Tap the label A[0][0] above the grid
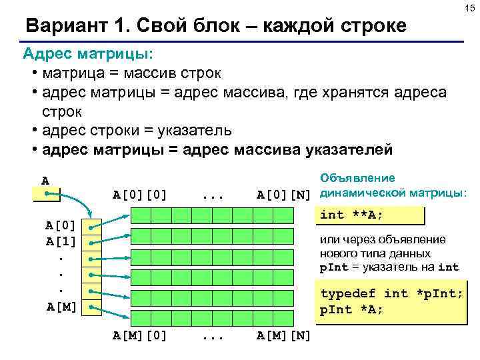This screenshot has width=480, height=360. click(x=139, y=195)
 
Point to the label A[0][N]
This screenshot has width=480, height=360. click(x=284, y=195)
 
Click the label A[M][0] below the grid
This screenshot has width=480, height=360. click(x=139, y=335)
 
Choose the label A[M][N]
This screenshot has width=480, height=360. click(x=284, y=335)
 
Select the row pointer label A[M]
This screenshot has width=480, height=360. click(x=61, y=307)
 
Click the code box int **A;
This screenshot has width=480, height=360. click(x=369, y=215)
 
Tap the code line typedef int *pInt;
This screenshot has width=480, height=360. click(x=391, y=294)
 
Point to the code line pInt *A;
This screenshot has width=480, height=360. click(x=351, y=310)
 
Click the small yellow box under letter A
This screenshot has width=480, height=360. click(x=46, y=194)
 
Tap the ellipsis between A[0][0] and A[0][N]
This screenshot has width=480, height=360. click(x=211, y=195)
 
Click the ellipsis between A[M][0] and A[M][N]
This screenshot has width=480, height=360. click(x=211, y=335)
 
